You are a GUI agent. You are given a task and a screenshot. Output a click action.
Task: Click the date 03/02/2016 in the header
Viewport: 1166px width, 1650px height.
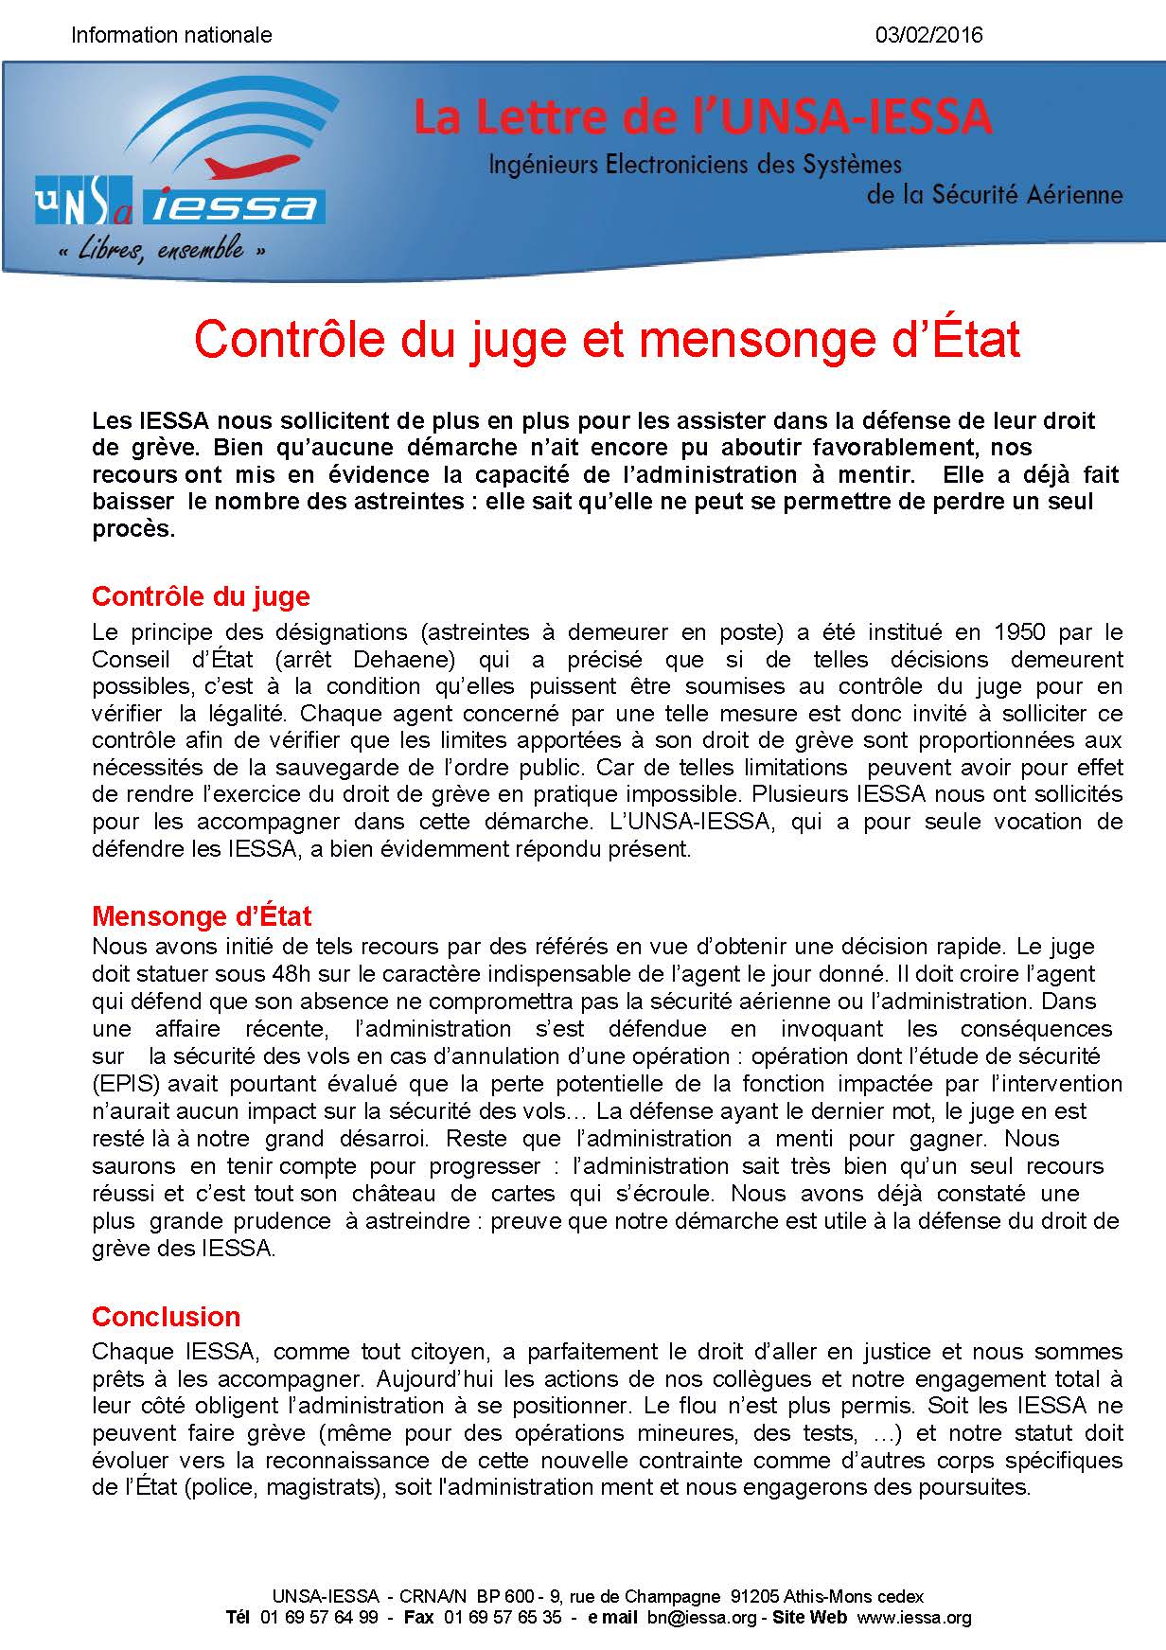tap(929, 36)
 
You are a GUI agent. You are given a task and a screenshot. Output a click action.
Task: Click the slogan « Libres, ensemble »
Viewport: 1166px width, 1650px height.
tap(161, 251)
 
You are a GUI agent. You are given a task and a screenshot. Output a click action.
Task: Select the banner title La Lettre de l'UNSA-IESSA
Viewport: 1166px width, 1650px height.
tap(702, 117)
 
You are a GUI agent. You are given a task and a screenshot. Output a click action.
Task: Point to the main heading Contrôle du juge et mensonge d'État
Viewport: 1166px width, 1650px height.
tap(607, 340)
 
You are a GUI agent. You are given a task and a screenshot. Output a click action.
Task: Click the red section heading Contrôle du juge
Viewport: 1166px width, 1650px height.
tap(201, 596)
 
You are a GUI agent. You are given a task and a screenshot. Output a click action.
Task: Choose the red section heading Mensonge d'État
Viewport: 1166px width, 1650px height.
tap(202, 915)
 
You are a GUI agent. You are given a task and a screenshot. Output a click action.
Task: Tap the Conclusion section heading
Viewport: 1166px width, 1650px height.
tap(166, 1317)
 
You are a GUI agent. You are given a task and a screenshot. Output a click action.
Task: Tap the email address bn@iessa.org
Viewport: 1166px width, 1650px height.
tap(701, 1618)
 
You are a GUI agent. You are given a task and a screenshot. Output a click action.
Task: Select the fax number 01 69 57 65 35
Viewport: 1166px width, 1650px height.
tap(502, 1618)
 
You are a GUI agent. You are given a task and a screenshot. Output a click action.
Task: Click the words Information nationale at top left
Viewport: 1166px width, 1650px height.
tap(171, 36)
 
